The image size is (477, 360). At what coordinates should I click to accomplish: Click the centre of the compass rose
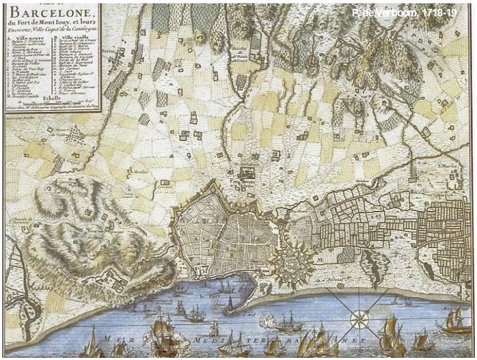[358, 319]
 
